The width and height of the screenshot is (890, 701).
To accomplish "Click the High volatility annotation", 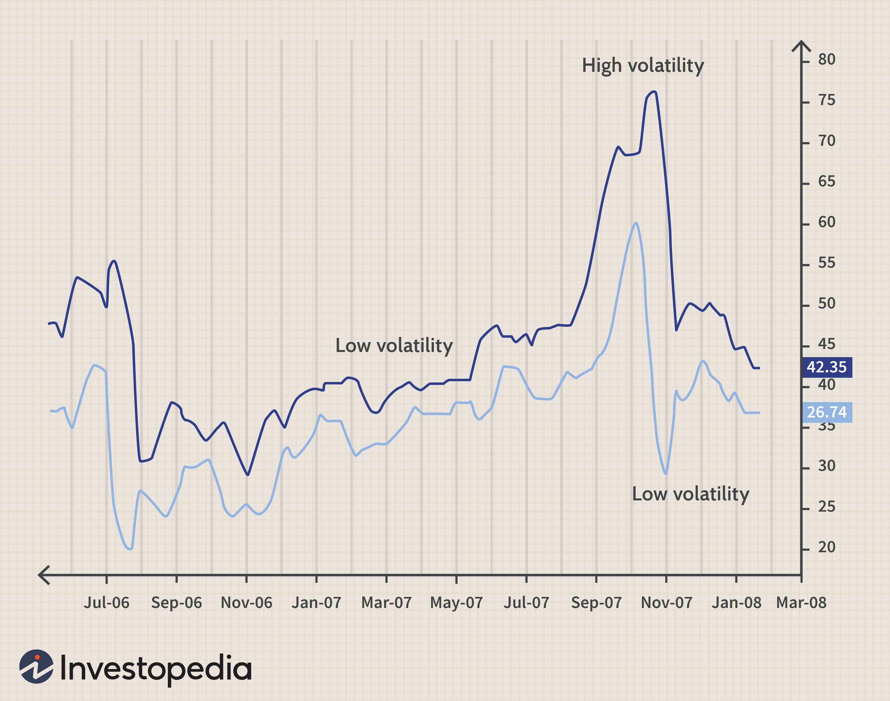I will click(x=643, y=66).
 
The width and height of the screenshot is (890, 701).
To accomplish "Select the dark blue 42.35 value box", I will click(x=827, y=367).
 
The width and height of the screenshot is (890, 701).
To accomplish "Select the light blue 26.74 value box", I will click(x=827, y=412).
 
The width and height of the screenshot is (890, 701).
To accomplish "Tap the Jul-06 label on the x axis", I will click(x=107, y=602).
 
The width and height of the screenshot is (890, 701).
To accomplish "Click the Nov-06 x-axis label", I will click(x=247, y=602).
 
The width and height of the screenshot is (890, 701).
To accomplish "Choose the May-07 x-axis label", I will click(x=457, y=602).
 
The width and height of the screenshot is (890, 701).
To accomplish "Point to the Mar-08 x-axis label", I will click(x=801, y=602).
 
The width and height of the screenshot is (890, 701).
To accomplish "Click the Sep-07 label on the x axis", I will click(x=596, y=602).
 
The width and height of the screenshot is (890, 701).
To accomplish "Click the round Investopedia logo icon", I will click(x=37, y=667).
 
